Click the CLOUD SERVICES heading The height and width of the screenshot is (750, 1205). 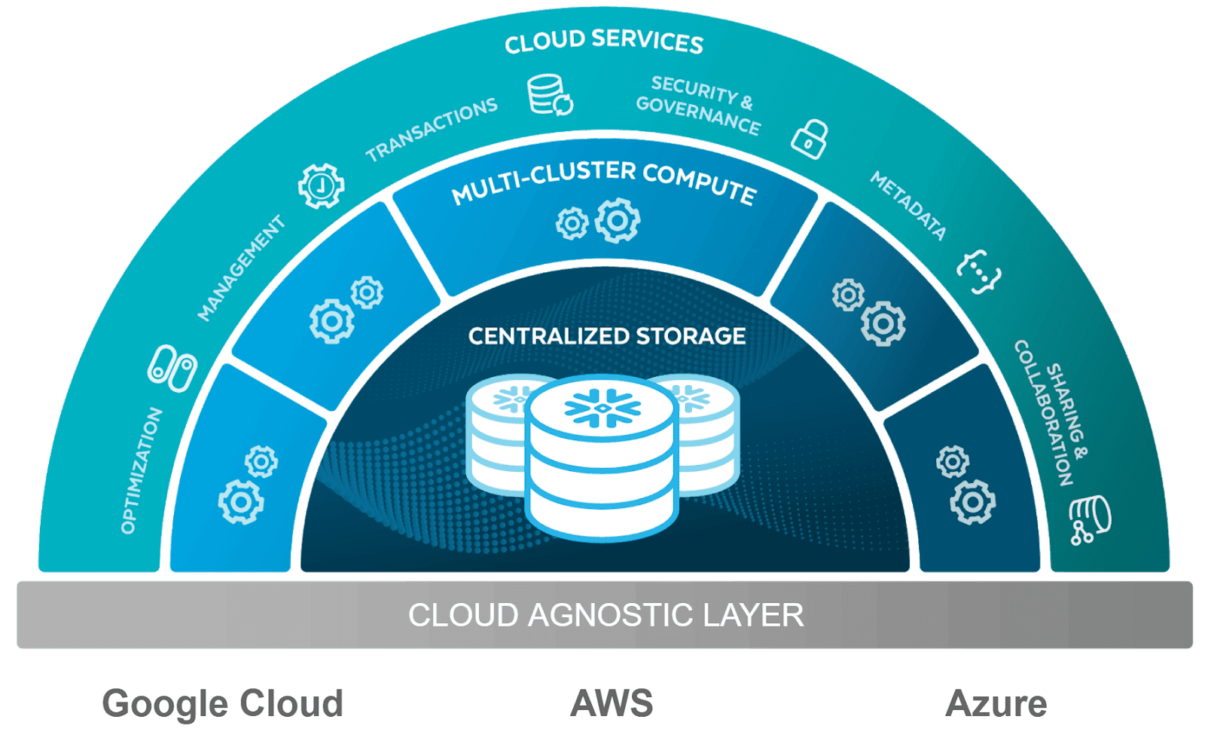603,42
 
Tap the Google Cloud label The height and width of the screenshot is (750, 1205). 222,704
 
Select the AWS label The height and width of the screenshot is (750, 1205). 612,704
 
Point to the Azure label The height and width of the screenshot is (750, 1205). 996,704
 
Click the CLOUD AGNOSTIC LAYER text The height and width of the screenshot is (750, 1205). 606,615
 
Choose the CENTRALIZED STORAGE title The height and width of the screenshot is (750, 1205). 607,336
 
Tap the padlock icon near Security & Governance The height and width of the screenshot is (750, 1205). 810,139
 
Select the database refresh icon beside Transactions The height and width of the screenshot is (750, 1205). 550,95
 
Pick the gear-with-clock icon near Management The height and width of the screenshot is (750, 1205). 322,185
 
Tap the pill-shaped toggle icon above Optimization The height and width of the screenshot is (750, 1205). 172,369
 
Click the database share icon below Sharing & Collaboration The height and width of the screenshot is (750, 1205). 1090,519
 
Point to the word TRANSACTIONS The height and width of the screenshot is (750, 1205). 432,129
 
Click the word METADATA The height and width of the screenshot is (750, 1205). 908,205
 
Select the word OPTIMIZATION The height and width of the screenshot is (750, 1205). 142,470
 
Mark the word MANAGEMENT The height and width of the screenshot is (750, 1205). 241,268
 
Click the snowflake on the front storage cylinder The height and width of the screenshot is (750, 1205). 602,409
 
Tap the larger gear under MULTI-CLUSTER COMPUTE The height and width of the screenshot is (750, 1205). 618,221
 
